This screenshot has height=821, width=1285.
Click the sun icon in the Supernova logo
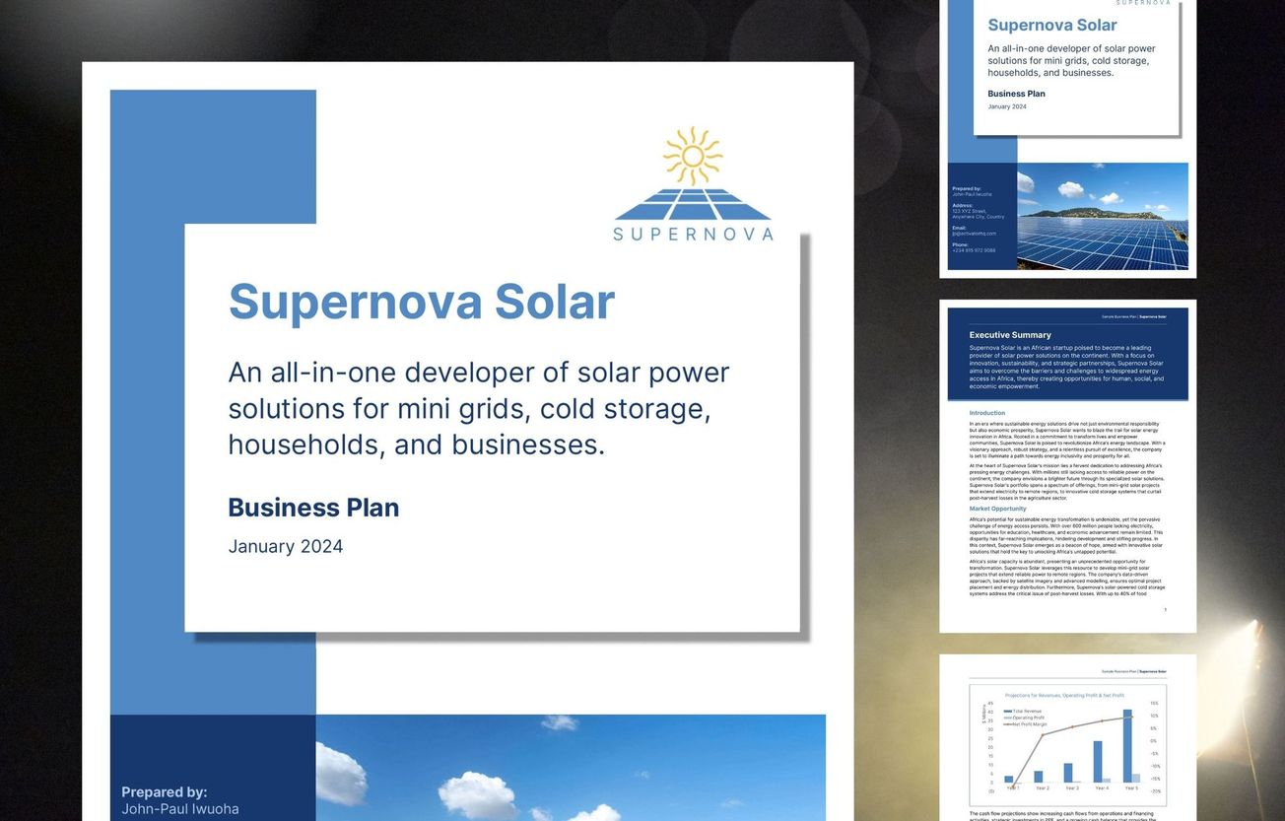tap(693, 156)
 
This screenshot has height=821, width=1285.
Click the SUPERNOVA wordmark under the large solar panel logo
tap(693, 234)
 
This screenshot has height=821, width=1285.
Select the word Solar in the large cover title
tap(554, 302)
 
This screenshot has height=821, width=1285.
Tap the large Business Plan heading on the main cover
tap(313, 508)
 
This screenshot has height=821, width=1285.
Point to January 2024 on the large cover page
tap(286, 546)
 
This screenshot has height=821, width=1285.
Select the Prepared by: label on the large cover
tap(165, 791)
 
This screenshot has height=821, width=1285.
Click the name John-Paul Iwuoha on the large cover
tap(179, 809)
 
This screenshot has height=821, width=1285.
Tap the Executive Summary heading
tap(1010, 335)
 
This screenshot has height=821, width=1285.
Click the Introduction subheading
tap(986, 413)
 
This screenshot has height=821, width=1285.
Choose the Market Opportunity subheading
tap(997, 509)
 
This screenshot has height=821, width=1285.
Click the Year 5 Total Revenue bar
tap(1128, 746)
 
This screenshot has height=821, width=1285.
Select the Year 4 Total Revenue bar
tap(1098, 761)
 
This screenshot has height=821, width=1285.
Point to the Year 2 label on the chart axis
tap(1042, 788)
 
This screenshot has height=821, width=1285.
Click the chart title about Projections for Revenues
tap(1064, 695)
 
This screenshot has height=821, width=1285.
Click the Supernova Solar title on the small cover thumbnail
tap(1051, 26)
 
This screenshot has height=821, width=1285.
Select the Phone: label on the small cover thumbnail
tap(960, 244)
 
